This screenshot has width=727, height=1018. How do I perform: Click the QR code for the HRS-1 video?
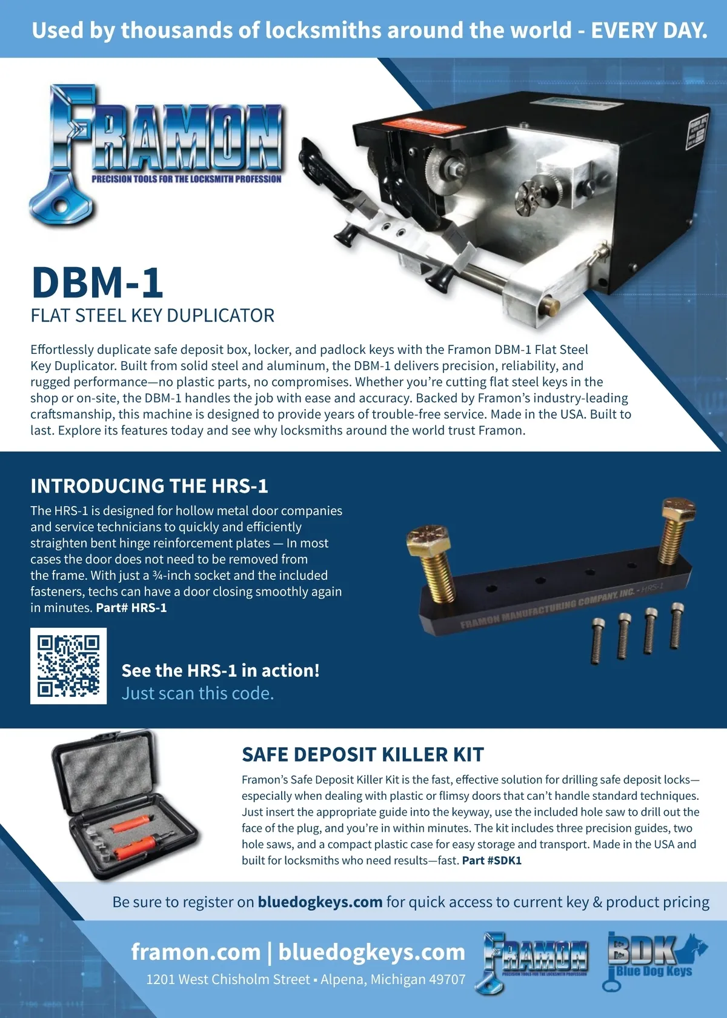point(68,666)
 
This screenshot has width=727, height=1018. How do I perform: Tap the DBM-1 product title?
point(97,282)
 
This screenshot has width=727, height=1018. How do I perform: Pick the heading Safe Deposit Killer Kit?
point(362,754)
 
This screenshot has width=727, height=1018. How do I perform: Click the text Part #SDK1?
point(492,860)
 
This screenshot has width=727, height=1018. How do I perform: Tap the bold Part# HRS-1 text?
point(131,608)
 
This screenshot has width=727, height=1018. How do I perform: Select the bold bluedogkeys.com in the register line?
point(320,902)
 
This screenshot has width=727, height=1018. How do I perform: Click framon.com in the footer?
point(196,952)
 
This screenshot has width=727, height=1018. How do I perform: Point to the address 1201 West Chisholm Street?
point(228,979)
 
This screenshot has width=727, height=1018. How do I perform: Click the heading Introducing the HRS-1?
point(149,486)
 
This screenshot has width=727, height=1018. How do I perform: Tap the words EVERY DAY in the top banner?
point(649,30)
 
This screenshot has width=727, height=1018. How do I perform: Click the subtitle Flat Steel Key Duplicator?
point(152,315)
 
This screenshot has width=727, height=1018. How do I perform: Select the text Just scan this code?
point(198,693)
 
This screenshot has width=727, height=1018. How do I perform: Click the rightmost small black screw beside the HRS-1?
point(677,627)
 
